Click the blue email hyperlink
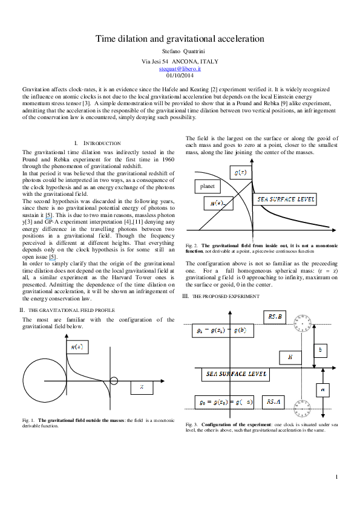pyautogui.click(x=180, y=70)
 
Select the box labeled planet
pyautogui.click(x=208, y=186)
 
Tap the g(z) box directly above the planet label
pyautogui.click(x=241, y=172)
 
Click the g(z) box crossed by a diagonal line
pyautogui.click(x=218, y=203)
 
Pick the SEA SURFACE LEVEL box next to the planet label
pyautogui.click(x=284, y=199)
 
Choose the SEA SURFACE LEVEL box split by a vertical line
pyautogui.click(x=235, y=374)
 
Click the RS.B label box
pyautogui.click(x=275, y=317)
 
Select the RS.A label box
pyautogui.click(x=273, y=402)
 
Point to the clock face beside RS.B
pyautogui.click(x=303, y=323)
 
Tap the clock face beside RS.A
pyautogui.click(x=303, y=409)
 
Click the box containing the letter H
pyautogui.click(x=290, y=357)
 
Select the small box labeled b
pyautogui.click(x=321, y=351)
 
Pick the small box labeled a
pyautogui.click(x=322, y=390)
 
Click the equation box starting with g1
pyautogui.click(x=223, y=331)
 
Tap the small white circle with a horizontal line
pyautogui.click(x=114, y=381)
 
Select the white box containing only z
pyautogui.click(x=142, y=387)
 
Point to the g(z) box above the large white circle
pyautogui.click(x=77, y=347)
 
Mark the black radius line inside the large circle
pyautogui.click(x=54, y=381)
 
